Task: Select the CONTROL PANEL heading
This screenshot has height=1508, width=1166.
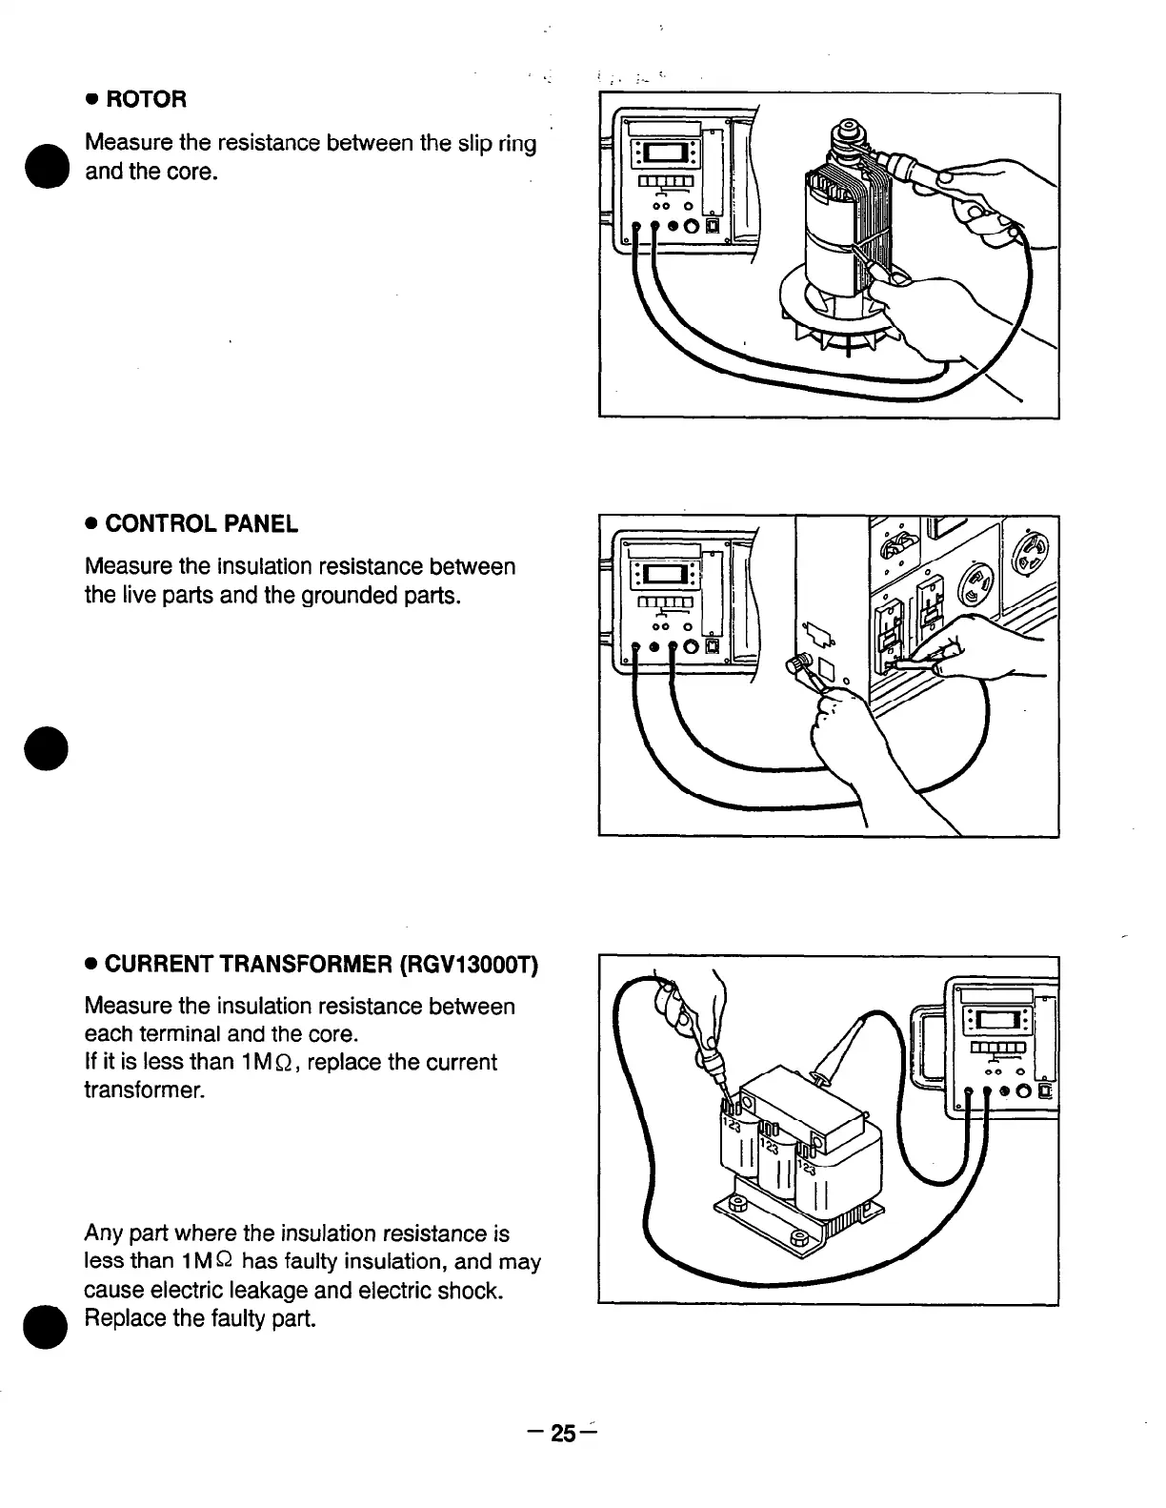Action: pyautogui.click(x=201, y=523)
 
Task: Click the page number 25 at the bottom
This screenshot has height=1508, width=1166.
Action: pyautogui.click(x=564, y=1435)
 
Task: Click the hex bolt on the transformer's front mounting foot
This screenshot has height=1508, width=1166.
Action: pyautogui.click(x=799, y=1240)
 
